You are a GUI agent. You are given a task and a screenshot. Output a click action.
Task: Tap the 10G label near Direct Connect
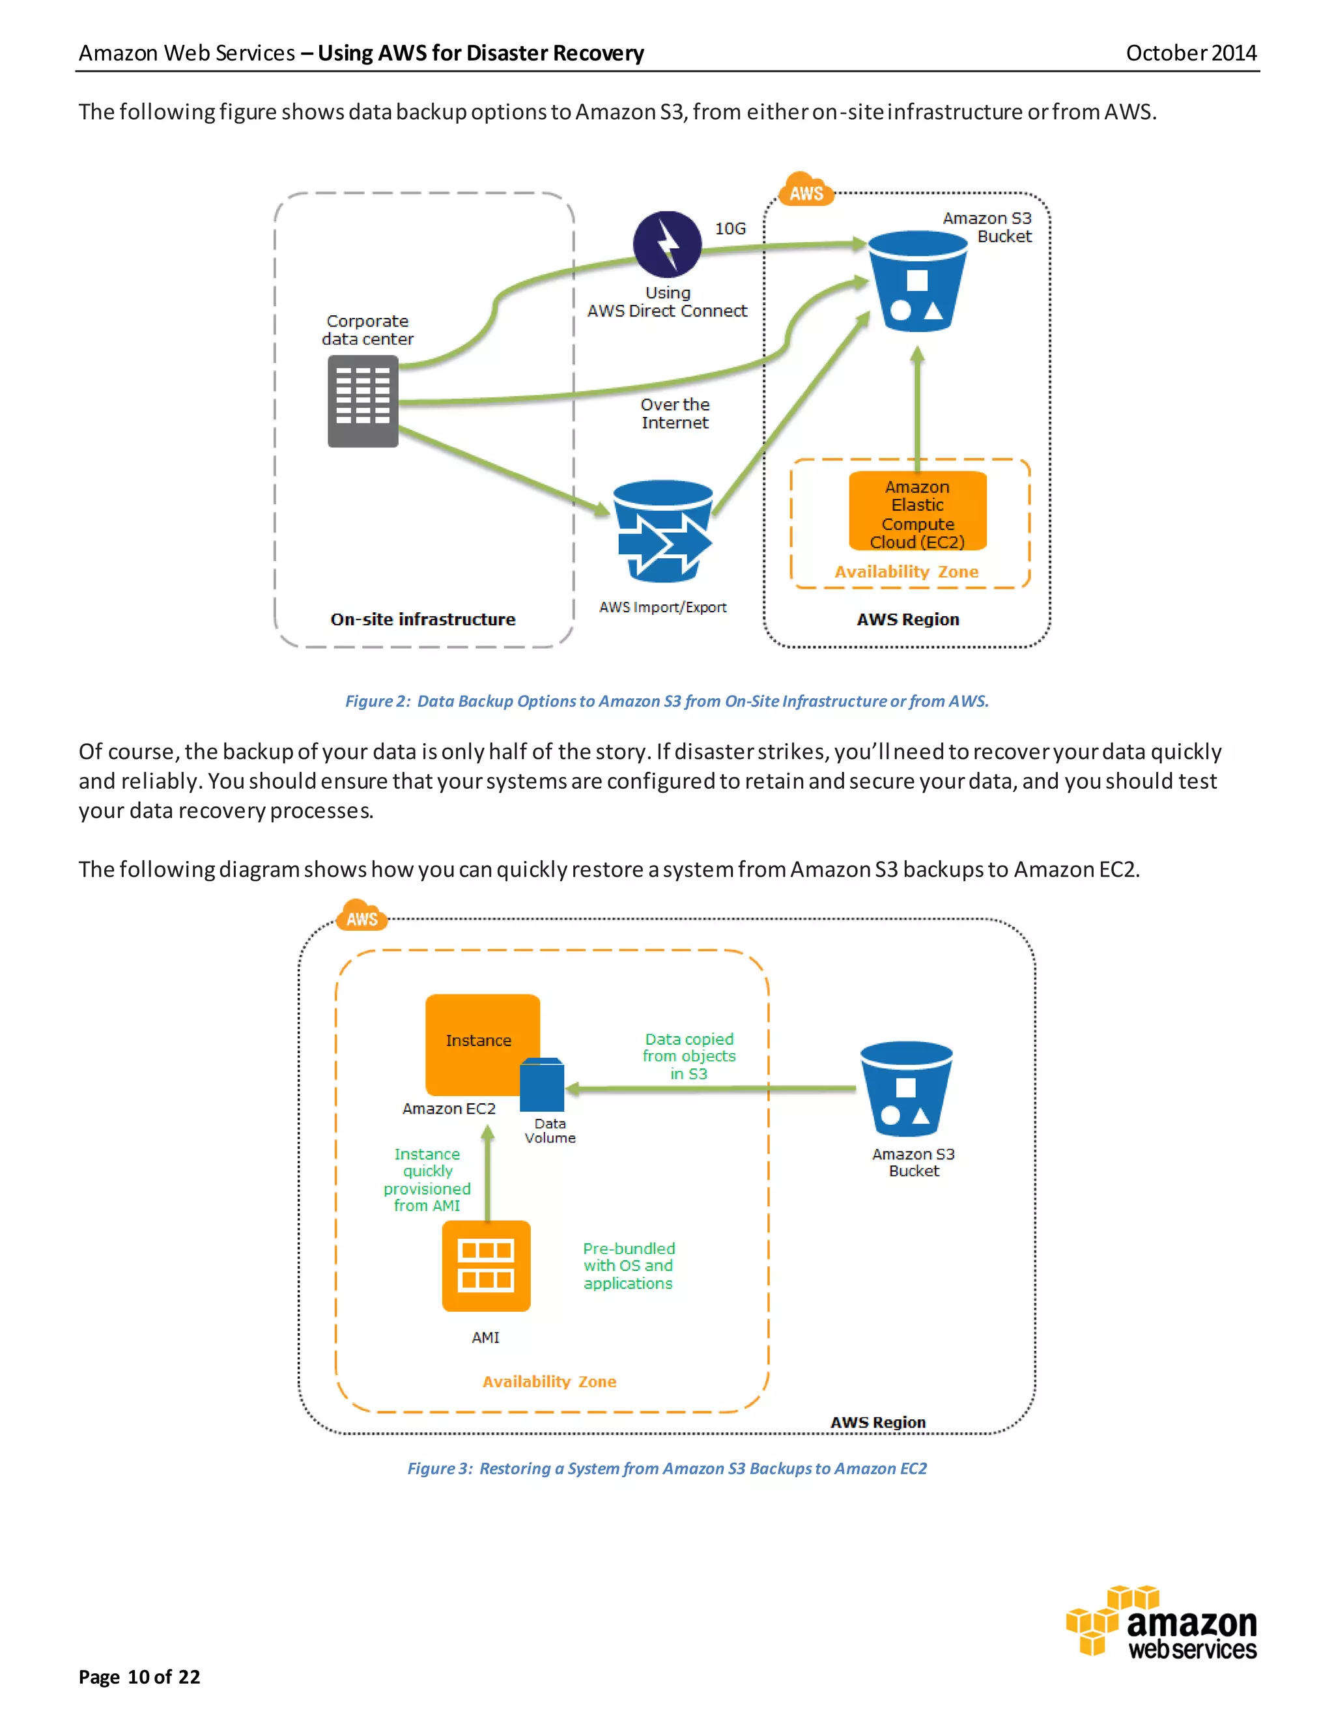[x=730, y=229]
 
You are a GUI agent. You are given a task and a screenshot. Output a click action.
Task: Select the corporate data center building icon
[x=363, y=401]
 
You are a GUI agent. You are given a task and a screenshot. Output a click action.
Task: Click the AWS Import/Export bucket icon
[x=663, y=530]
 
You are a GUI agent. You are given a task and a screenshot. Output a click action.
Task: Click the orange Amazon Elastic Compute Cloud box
[x=918, y=511]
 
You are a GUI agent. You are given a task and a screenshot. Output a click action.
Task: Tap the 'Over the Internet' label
[x=675, y=414]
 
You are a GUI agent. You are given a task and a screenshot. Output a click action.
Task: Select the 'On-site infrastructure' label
[x=423, y=619]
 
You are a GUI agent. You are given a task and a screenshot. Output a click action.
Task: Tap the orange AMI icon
[x=486, y=1266]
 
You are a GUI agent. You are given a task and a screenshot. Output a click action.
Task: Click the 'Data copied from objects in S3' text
[x=689, y=1056]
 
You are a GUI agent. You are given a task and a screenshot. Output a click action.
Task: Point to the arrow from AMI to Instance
[x=488, y=1174]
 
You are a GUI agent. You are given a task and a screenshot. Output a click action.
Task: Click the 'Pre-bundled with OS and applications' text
[x=629, y=1266]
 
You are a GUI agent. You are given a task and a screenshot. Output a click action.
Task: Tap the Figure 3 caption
[x=667, y=1468]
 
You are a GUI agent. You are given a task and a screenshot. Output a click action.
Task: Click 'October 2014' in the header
[x=1190, y=53]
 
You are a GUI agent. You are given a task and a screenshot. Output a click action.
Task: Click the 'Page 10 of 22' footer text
[x=139, y=1677]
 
